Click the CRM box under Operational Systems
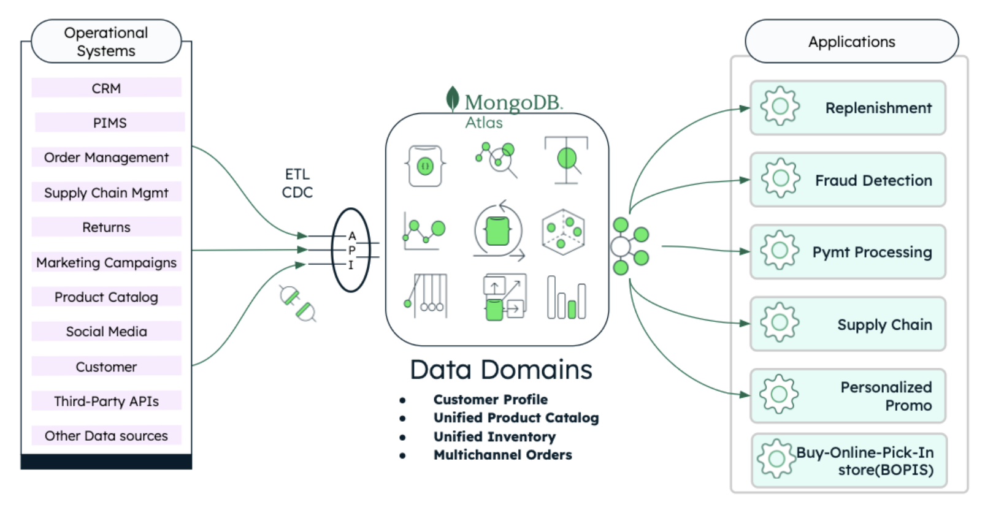pos(106,88)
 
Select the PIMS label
pos(110,123)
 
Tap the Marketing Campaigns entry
pos(106,262)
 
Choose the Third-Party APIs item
pos(106,401)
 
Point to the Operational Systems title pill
pos(106,41)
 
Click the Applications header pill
pos(851,41)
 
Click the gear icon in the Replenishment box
pos(780,107)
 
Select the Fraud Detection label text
pos(873,180)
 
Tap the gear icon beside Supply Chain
pos(780,322)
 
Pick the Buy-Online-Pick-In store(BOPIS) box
pos(849,461)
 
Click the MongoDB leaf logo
pos(453,99)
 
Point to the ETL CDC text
pos(297,183)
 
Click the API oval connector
pos(351,250)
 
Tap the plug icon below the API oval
pos(297,303)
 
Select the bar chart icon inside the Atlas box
pos(566,298)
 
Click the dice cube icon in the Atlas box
pos(563,232)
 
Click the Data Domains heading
pos(500,370)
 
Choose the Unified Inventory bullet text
pos(494,436)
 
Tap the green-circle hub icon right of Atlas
pos(629,246)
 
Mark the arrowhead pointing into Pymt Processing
pos(745,251)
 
